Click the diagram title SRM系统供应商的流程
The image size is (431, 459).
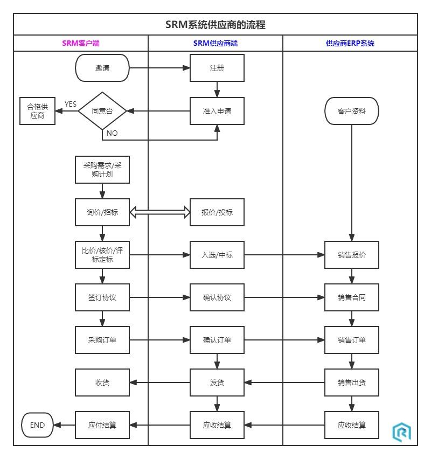(x=215, y=25)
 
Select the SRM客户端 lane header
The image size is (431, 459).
(x=80, y=44)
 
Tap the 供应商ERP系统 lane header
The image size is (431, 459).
(x=350, y=44)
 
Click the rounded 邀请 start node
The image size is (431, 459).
(x=102, y=68)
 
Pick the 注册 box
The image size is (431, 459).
(x=217, y=68)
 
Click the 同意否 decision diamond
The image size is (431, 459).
(x=102, y=111)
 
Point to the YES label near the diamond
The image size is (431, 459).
(x=71, y=104)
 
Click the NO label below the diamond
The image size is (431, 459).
(x=112, y=133)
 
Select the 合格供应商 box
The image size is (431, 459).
(x=38, y=111)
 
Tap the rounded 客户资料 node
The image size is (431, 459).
(x=352, y=112)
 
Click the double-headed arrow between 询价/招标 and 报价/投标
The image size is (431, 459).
(x=160, y=213)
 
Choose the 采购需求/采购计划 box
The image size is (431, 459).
(x=102, y=170)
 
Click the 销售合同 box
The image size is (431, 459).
(x=352, y=297)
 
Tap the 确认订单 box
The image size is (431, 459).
(x=217, y=340)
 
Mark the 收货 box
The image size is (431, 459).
(x=102, y=382)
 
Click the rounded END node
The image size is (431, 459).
(x=38, y=425)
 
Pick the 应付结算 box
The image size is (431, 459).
(x=102, y=425)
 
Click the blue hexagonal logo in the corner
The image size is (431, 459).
(x=401, y=432)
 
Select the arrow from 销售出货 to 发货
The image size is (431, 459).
(x=284, y=382)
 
